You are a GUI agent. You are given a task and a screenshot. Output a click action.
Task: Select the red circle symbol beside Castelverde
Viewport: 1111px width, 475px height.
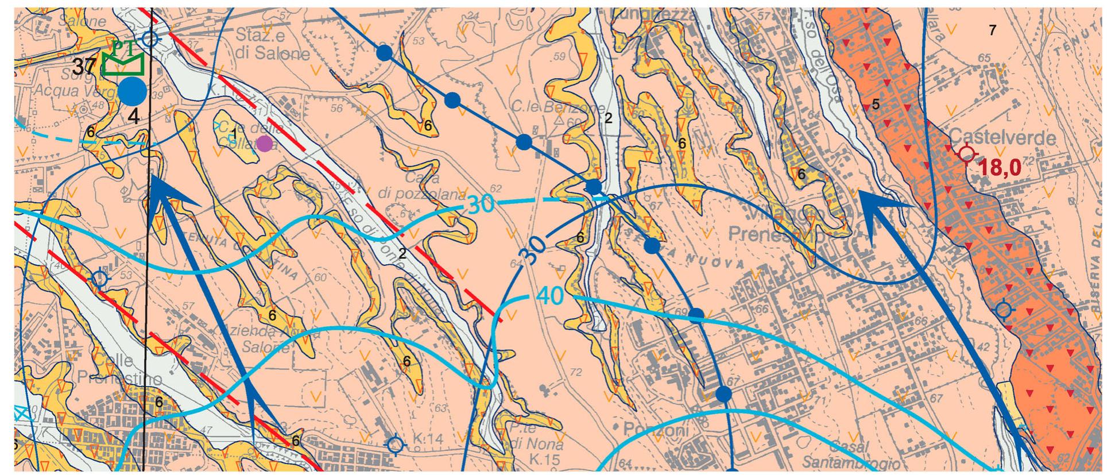tap(967, 153)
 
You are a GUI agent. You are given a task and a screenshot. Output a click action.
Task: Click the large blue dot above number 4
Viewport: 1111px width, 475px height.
tap(133, 91)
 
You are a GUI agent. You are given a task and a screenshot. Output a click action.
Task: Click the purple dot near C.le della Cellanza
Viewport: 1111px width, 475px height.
tap(264, 144)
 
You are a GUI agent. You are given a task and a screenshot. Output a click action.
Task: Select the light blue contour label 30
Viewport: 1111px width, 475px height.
tap(481, 205)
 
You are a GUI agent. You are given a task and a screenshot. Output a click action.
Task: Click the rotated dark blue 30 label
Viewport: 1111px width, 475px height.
tap(533, 249)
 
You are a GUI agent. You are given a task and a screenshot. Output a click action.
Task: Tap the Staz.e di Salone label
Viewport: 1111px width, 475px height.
tap(273, 45)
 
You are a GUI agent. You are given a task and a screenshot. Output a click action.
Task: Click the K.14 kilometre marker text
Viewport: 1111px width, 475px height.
tap(428, 439)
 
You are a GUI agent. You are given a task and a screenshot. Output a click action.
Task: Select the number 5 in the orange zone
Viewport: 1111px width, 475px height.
tap(876, 105)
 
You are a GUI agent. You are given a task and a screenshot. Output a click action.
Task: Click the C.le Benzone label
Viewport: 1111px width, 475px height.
tap(558, 108)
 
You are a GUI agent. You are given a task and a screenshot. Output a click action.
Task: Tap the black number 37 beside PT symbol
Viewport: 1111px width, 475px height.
tap(85, 67)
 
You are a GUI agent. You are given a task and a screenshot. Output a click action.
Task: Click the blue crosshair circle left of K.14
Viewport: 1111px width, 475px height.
tap(395, 445)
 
